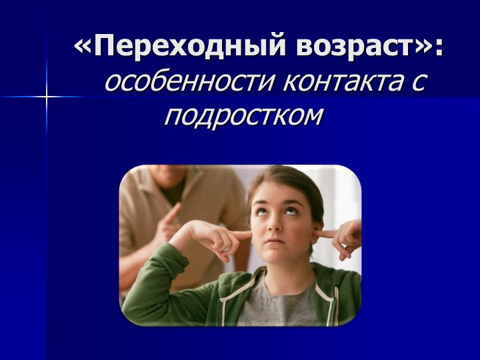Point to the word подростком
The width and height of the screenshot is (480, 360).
coord(243,117)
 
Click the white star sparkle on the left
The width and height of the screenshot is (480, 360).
coord(47,97)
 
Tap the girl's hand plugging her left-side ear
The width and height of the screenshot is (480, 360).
coord(220,237)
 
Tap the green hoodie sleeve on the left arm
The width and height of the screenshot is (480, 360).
coord(167,293)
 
